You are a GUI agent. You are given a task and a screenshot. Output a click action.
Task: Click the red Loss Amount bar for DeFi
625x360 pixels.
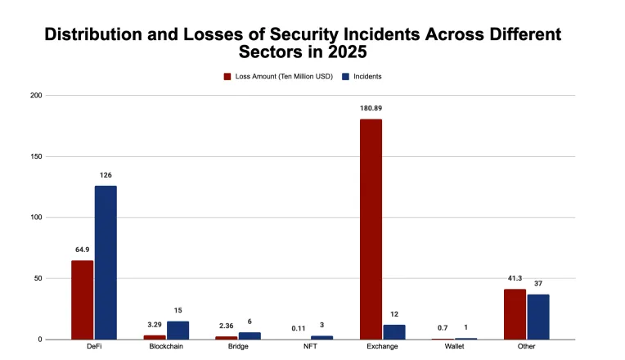tap(82, 299)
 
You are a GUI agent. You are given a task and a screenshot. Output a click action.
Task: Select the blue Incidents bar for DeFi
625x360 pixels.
tap(106, 262)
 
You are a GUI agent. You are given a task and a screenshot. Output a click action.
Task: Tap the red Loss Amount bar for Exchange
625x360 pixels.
tap(371, 229)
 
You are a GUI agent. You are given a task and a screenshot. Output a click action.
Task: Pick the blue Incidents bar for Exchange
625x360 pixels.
tap(394, 331)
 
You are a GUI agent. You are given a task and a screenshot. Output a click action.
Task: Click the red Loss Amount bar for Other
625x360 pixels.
tap(515, 314)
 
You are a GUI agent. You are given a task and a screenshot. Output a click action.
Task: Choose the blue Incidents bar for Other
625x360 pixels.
tap(538, 317)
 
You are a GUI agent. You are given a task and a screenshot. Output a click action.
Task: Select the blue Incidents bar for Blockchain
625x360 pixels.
tap(178, 330)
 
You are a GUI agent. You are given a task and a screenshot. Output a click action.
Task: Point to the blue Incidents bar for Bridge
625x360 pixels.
tap(250, 335)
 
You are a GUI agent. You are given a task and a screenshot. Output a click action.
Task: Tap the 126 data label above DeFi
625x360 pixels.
tap(106, 174)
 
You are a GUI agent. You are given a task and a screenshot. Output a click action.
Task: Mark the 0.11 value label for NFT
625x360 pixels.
tap(298, 328)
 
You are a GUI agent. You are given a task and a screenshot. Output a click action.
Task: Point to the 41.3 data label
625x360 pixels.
tap(515, 278)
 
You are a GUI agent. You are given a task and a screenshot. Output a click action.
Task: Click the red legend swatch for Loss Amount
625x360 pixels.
tap(228, 76)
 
